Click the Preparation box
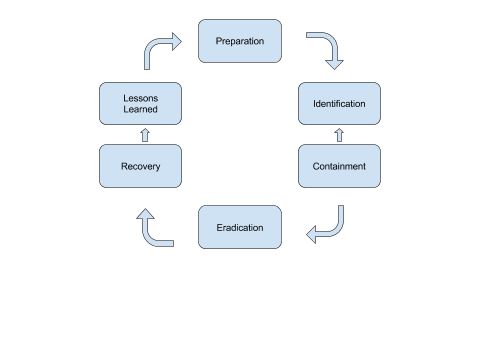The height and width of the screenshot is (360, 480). click(240, 42)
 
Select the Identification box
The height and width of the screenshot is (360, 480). click(340, 104)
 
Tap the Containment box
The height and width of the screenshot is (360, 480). click(340, 165)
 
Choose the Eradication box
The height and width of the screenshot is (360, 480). click(240, 227)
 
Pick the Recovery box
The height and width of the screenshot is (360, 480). click(140, 165)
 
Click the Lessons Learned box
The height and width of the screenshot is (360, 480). click(140, 104)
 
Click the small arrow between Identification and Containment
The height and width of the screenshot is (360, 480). click(340, 135)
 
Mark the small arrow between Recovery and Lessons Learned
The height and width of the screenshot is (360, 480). click(140, 135)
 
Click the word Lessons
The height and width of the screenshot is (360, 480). click(140, 98)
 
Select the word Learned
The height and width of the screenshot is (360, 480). click(140, 110)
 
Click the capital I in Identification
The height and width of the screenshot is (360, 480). click(314, 104)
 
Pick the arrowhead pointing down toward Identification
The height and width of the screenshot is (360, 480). click(335, 62)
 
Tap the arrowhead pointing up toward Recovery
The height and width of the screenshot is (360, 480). click(146, 214)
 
